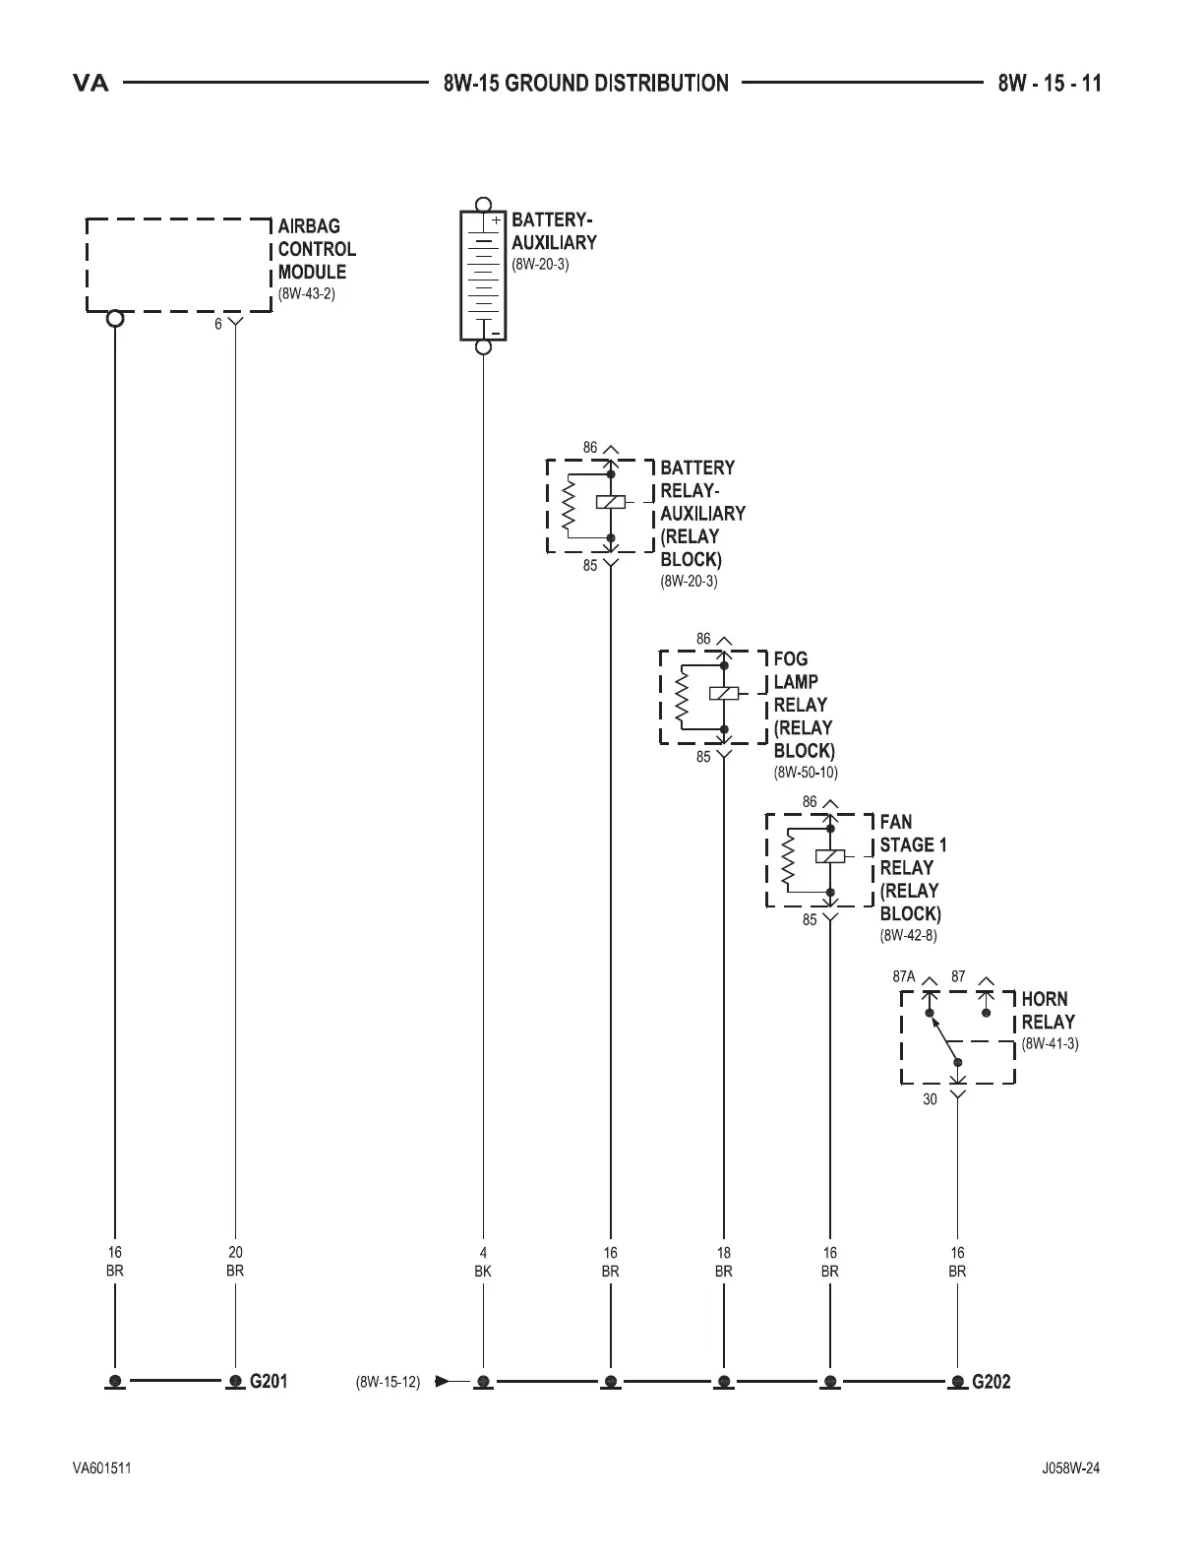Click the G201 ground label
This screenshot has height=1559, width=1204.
[x=268, y=1381]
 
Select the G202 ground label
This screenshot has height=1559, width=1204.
[x=991, y=1381]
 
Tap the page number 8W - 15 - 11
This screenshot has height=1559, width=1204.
[x=1050, y=83]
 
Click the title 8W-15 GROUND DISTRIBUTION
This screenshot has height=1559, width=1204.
[x=586, y=83]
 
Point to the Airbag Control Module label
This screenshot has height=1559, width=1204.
[x=316, y=249]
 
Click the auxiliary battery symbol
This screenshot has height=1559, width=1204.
[x=483, y=276]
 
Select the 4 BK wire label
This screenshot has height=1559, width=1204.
[x=483, y=1262]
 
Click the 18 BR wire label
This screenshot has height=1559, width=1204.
[x=724, y=1262]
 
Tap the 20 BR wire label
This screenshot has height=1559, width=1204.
[x=235, y=1262]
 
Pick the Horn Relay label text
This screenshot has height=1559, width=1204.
[x=1048, y=1011]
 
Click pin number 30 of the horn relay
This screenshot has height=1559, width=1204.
[x=930, y=1099]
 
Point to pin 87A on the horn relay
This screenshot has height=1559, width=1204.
[x=904, y=977]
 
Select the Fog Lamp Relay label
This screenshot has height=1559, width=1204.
[x=803, y=704]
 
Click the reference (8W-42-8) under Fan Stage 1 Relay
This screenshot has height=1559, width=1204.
[x=908, y=935]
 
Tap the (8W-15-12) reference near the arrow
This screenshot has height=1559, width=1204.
[x=388, y=1382]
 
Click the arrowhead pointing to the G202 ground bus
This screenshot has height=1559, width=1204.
[x=442, y=1381]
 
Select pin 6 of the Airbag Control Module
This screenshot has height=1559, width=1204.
[x=219, y=324]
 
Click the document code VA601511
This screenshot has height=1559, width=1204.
[x=102, y=1468]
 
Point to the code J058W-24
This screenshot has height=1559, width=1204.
[x=1071, y=1468]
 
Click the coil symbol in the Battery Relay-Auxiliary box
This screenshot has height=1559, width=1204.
[x=610, y=502]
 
